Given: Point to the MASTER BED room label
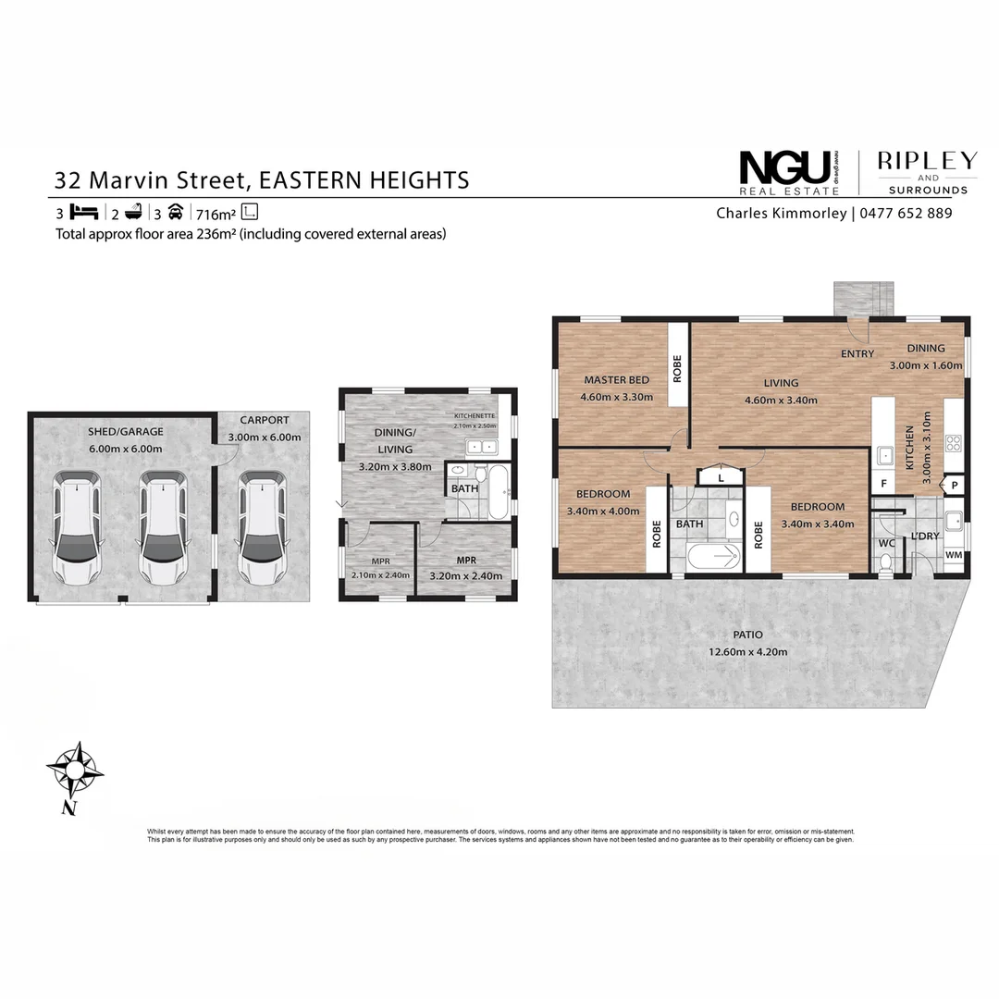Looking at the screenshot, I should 616,380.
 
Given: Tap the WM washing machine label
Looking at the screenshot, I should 953,555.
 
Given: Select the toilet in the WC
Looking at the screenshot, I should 885,561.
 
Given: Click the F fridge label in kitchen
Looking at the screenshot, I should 883,484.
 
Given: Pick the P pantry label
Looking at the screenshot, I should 954,485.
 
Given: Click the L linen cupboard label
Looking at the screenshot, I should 721,478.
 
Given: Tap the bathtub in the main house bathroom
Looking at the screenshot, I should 715,557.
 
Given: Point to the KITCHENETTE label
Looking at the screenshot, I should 475,416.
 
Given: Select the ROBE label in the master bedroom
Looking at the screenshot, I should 677,369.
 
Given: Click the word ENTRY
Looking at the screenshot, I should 857,353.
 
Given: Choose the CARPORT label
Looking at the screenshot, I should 264,420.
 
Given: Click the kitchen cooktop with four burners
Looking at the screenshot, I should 954,444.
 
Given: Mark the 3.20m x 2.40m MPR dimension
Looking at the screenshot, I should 465,575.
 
